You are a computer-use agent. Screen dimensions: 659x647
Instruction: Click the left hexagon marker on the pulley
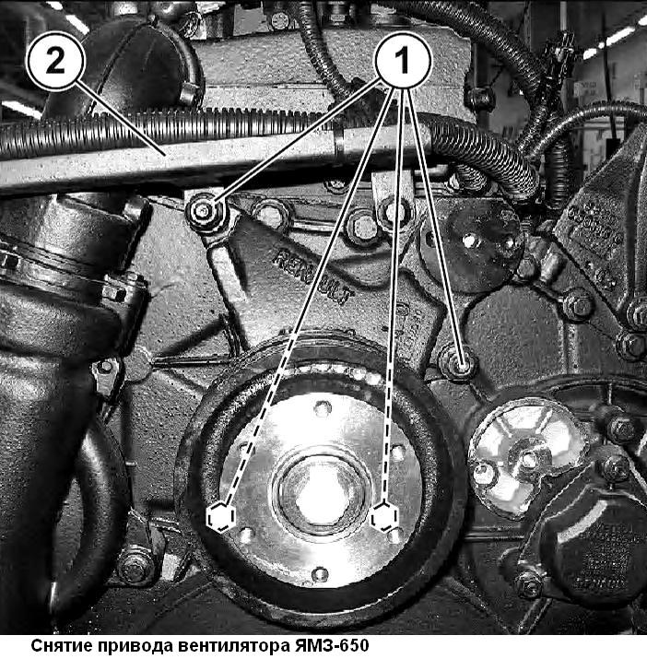pos(219,517)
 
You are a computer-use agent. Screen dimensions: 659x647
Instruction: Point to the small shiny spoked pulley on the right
pos(526,453)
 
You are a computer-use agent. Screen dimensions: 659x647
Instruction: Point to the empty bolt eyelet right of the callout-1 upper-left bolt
pos(272,214)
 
